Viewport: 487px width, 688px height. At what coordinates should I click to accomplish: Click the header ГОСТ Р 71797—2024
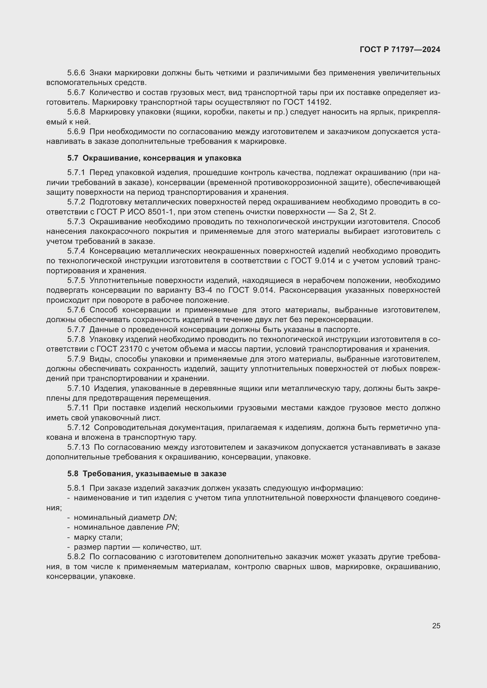(x=400, y=49)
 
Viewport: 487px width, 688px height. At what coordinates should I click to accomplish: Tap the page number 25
(x=436, y=626)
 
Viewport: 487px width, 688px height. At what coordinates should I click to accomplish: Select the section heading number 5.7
(x=72, y=158)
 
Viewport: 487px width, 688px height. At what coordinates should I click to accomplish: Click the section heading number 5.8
(x=72, y=474)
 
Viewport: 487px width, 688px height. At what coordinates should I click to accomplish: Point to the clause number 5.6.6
(x=76, y=73)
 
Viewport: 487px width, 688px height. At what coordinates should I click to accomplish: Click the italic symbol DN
(x=169, y=517)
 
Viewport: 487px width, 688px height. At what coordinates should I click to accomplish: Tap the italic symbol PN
(x=172, y=527)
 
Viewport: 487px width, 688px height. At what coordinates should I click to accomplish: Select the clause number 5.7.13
(x=78, y=447)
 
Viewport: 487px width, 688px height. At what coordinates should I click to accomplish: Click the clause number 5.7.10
(x=78, y=389)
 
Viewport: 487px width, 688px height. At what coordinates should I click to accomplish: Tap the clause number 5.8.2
(x=76, y=557)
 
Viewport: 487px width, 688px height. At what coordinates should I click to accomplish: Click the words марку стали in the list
(x=98, y=537)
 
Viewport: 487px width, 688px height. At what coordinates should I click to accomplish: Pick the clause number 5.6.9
(x=76, y=132)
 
